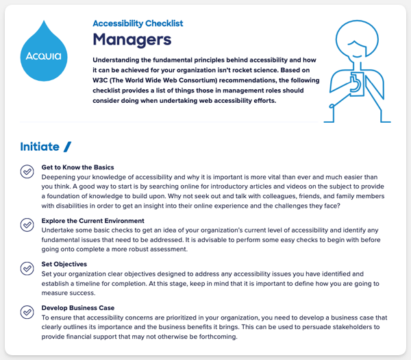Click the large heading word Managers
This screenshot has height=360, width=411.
coord(132,39)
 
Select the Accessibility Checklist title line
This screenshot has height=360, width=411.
coord(138,23)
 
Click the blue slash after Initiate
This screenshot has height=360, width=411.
coord(66,146)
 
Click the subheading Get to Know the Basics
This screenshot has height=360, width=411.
coord(77,167)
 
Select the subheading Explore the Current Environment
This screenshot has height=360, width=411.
coord(93,221)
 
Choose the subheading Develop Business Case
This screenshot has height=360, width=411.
coord(78,308)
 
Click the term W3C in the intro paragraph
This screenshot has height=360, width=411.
coord(103,80)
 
